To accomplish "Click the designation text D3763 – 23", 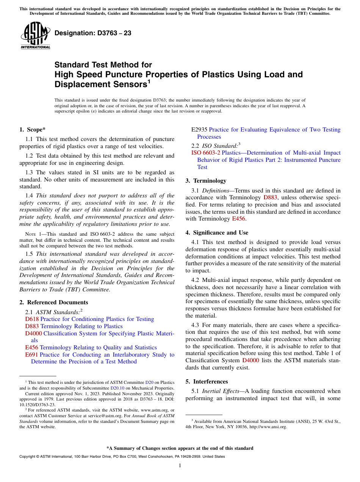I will pos(93,33).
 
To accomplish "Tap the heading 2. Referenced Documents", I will pos(54,302).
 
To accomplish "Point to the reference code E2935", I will pos(199,130).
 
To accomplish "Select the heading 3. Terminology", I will pos(206,181).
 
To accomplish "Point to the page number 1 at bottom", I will pos(180,466).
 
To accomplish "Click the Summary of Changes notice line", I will pos(180,448).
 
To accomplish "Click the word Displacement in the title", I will pos(79,84).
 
